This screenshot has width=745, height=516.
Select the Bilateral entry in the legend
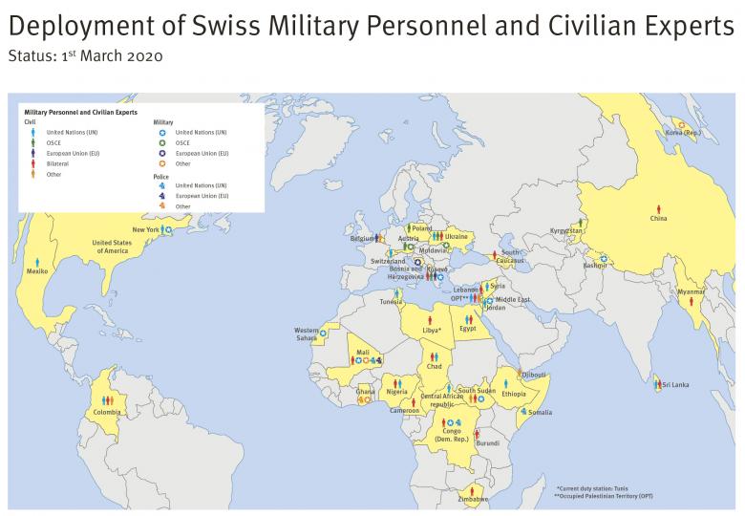pyautogui.click(x=56, y=163)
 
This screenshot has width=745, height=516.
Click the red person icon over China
pyautogui.click(x=657, y=208)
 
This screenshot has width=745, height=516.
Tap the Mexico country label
pyautogui.click(x=37, y=271)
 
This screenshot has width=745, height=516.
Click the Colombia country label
pyautogui.click(x=107, y=412)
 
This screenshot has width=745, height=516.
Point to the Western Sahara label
pyautogui.click(x=308, y=334)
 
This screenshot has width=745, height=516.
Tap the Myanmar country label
pyautogui.click(x=692, y=291)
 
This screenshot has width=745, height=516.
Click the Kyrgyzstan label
pyautogui.click(x=565, y=231)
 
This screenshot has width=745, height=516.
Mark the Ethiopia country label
pyautogui.click(x=513, y=394)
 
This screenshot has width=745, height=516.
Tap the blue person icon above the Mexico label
pyautogui.click(x=37, y=261)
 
